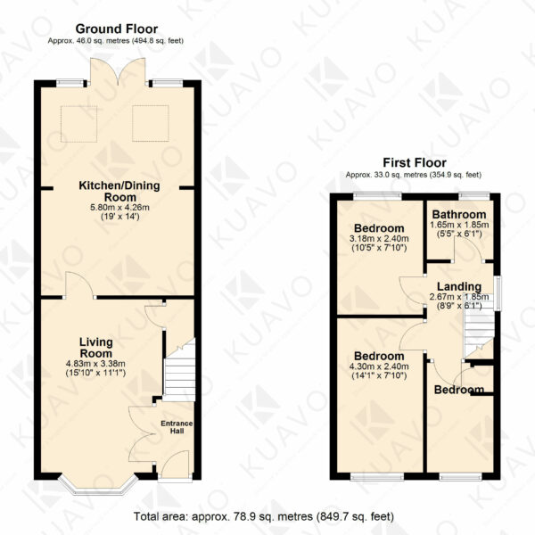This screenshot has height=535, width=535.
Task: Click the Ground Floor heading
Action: [x=117, y=29]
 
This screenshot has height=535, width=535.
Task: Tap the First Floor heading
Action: [x=415, y=163]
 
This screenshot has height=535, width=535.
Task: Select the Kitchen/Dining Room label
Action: [x=119, y=192]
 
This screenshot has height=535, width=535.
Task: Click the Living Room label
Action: [x=96, y=348]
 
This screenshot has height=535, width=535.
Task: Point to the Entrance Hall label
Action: [x=177, y=427]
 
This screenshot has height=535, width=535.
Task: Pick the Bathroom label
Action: [x=459, y=215]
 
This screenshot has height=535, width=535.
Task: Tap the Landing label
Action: [x=459, y=287]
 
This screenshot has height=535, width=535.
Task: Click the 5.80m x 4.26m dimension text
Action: [x=119, y=208]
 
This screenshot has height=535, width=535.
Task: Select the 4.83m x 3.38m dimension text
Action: [x=96, y=364]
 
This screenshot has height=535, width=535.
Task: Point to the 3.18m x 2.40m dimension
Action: [x=379, y=239]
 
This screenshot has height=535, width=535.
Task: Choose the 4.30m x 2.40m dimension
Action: [x=379, y=366]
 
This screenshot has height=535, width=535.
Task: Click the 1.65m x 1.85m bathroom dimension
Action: [x=459, y=225]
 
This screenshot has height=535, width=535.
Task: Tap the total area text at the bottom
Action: [x=264, y=516]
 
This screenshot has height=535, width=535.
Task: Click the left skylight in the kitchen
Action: [x=78, y=124]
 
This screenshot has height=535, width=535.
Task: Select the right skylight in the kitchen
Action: [x=151, y=124]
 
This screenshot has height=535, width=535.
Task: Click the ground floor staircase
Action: [x=180, y=370]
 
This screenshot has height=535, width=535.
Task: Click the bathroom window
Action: [x=474, y=196]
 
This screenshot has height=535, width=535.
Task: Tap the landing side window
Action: [x=498, y=293]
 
